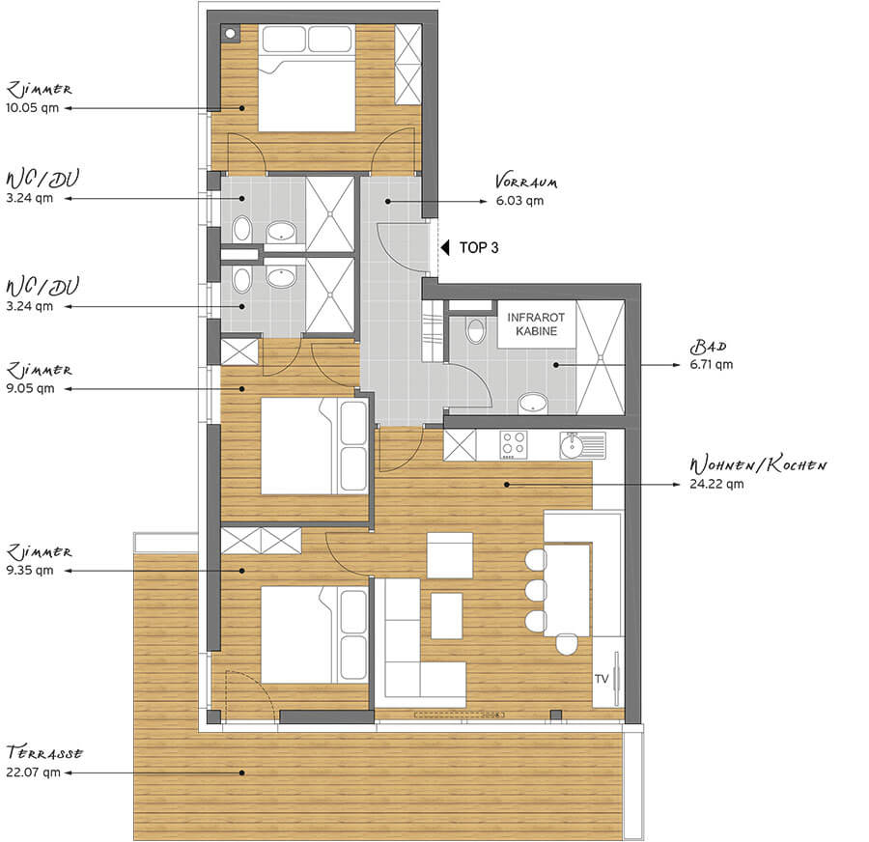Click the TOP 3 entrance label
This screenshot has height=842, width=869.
(x=479, y=248)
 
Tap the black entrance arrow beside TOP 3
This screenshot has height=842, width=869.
(x=444, y=247)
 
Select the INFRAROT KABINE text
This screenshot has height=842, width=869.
(x=536, y=324)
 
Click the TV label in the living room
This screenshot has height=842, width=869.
(x=602, y=679)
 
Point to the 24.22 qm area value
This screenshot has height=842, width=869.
(x=716, y=484)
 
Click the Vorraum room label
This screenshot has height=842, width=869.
(x=526, y=182)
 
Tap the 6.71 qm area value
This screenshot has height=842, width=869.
(x=711, y=365)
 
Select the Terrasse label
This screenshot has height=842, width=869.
(x=44, y=753)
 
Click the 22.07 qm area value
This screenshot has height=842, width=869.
(x=33, y=772)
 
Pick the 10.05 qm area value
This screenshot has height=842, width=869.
(x=32, y=108)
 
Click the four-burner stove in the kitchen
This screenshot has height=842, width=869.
(x=514, y=445)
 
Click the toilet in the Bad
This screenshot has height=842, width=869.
(x=476, y=330)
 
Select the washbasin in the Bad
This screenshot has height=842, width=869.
(x=534, y=403)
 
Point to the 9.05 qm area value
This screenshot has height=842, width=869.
(x=31, y=388)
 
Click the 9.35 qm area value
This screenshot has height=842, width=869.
(x=30, y=571)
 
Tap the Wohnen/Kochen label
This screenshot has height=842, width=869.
(x=758, y=464)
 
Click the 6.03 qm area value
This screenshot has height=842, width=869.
(x=519, y=201)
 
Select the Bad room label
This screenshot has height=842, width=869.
(x=708, y=347)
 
